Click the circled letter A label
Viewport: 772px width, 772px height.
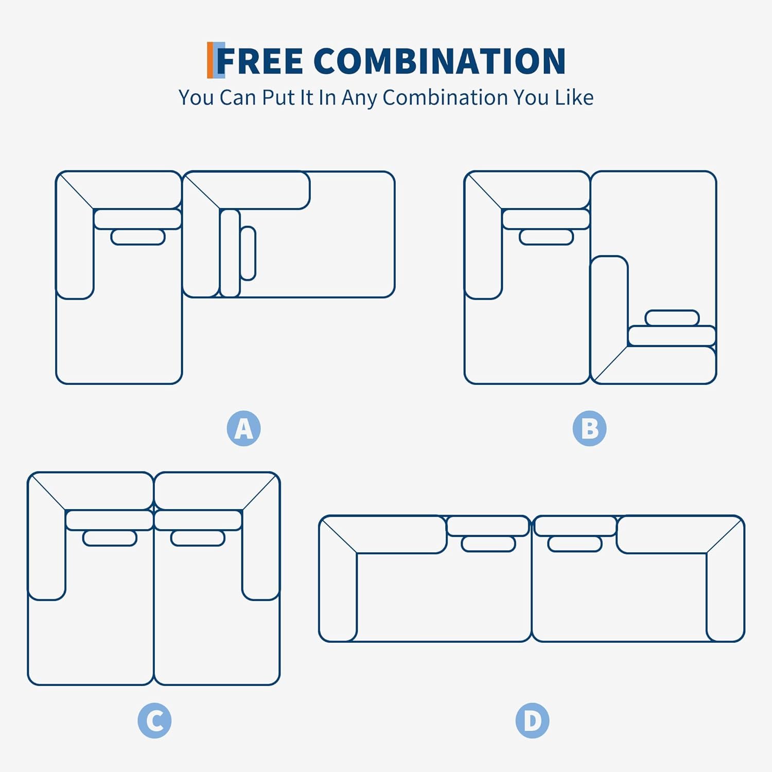coord(243,428)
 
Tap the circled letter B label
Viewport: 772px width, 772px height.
coord(589,428)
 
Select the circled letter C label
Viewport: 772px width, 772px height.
coord(154,721)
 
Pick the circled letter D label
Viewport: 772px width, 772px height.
coord(532,721)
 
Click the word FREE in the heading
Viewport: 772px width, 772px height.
coord(260,61)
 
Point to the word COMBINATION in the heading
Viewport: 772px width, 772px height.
coord(440,61)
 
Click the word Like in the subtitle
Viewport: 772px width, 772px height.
coord(574,97)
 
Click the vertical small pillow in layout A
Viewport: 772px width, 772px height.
coord(248,253)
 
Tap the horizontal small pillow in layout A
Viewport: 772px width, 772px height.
coord(138,237)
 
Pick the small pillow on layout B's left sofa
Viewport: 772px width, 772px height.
coord(546,237)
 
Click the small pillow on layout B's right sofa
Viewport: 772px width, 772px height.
coord(672,318)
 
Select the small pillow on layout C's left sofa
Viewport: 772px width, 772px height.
coord(110,538)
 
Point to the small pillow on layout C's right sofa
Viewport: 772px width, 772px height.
coord(198,538)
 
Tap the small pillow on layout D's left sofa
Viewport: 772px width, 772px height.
coord(488,544)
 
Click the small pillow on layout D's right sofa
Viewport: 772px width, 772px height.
coord(575,544)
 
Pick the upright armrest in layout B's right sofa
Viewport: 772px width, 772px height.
coord(609,314)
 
